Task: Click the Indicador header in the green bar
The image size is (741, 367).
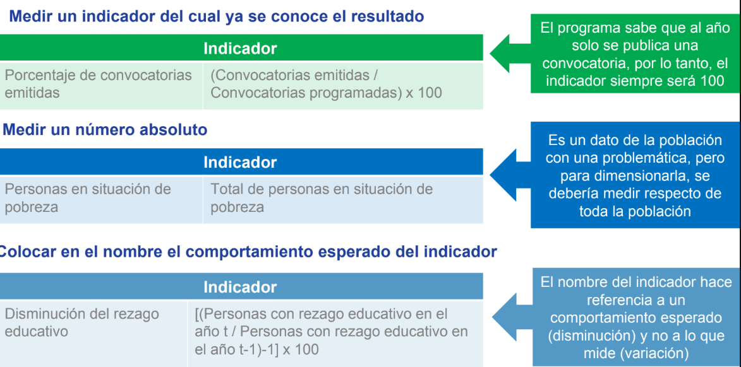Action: [240, 49]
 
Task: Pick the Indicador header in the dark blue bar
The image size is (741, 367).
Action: [240, 162]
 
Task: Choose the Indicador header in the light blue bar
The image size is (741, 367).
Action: [240, 287]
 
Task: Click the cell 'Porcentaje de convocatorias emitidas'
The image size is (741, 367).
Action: [99, 83]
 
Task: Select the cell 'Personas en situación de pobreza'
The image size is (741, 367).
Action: [88, 198]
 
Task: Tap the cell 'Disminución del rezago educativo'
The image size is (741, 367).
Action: [81, 322]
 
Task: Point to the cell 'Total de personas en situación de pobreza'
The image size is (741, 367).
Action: [322, 198]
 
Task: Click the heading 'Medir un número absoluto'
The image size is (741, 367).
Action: [105, 130]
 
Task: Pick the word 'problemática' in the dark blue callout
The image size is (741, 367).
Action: [654, 158]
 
